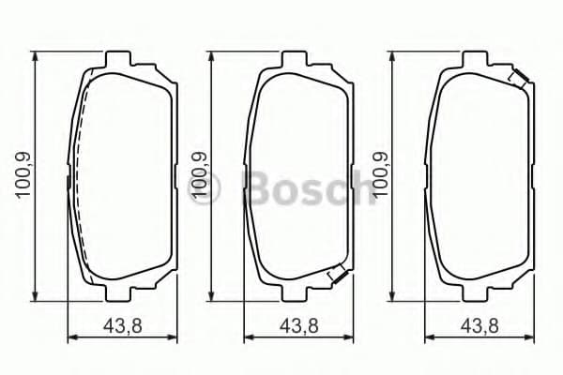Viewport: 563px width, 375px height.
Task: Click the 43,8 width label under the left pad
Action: point(119,327)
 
